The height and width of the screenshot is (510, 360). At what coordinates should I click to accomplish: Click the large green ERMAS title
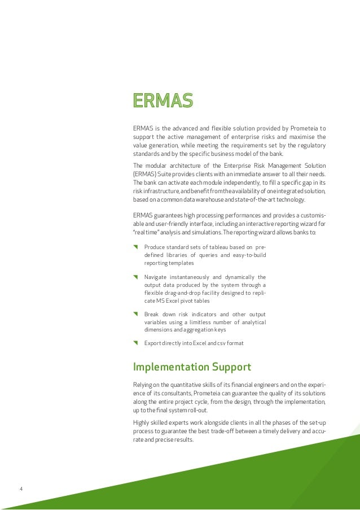pyautogui.click(x=163, y=100)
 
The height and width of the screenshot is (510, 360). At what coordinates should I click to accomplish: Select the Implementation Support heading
pyautogui.click(x=192, y=367)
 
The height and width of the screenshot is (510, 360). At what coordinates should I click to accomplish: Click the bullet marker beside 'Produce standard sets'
pyautogui.click(x=135, y=247)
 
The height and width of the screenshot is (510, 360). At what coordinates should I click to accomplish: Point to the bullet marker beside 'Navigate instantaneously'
pyautogui.click(x=135, y=277)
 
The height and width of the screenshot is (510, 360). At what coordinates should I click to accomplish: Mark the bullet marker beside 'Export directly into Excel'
pyautogui.click(x=135, y=343)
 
